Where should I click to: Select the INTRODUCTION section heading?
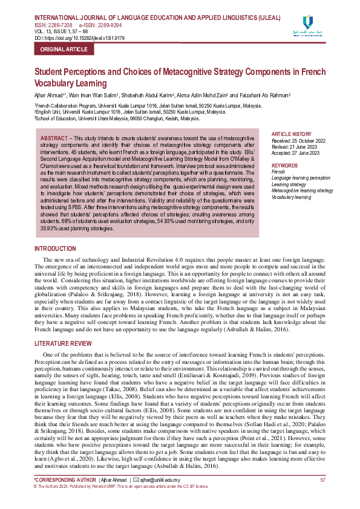(x=55, y=248)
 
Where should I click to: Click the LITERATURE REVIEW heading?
(x=64, y=343)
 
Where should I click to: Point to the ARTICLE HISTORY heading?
(x=292, y=134)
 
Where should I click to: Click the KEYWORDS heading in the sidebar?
(x=285, y=165)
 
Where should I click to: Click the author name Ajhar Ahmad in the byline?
(x=50, y=96)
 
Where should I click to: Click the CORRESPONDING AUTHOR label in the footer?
(x=67, y=480)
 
